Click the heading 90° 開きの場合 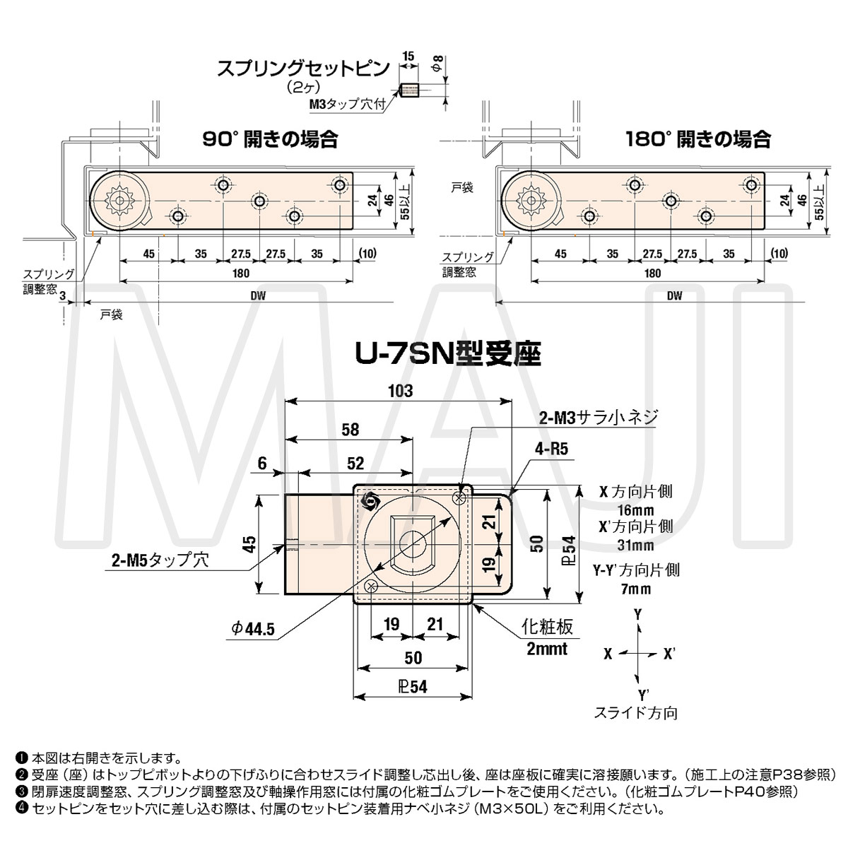click(x=270, y=139)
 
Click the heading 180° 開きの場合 click(x=698, y=139)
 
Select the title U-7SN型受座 click(x=447, y=353)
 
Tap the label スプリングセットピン click(x=303, y=69)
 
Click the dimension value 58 click(x=349, y=429)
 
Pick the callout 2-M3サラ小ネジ click(x=598, y=418)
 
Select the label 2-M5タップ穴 click(x=160, y=560)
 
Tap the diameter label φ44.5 click(x=252, y=628)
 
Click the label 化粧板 click(x=546, y=627)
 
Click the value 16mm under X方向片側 click(x=635, y=510)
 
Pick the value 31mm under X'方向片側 click(x=635, y=546)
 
